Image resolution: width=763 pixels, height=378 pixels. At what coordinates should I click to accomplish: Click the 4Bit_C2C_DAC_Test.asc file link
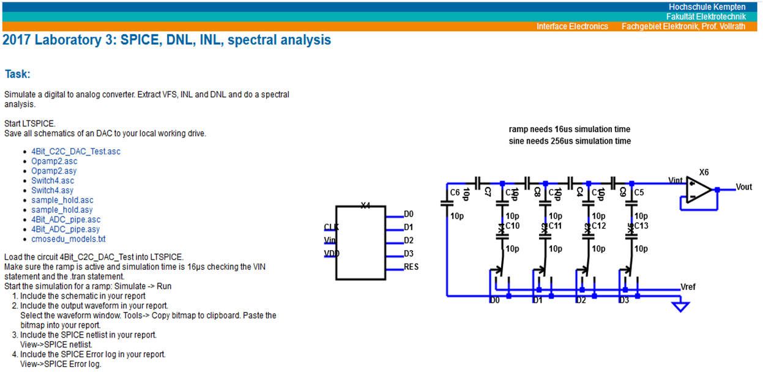tap(75, 151)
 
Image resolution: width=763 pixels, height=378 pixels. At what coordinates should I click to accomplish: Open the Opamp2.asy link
tap(54, 171)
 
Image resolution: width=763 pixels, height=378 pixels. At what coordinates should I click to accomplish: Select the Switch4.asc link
tap(53, 180)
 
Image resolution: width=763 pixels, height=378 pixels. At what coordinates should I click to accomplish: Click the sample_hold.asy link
tap(62, 210)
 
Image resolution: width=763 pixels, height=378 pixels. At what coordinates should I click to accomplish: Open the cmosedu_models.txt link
tap(68, 239)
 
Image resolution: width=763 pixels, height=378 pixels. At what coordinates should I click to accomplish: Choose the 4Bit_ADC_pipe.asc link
tap(65, 220)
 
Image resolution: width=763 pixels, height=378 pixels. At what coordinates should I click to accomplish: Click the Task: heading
tap(18, 74)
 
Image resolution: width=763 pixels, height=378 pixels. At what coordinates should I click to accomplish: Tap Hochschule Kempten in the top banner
tap(707, 7)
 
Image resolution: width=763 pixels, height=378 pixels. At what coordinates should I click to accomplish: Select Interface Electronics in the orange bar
tap(572, 26)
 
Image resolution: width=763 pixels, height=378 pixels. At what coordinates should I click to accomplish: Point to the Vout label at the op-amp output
tap(744, 187)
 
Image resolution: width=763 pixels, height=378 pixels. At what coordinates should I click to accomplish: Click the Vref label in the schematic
tap(688, 286)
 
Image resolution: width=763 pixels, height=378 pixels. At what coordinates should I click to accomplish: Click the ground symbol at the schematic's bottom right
tap(679, 305)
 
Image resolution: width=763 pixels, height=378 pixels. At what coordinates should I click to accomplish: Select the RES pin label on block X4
tap(411, 267)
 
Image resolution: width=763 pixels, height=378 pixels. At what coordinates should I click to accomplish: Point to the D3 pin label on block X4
tap(409, 253)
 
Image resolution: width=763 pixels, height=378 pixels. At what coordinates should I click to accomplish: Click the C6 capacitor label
tap(455, 193)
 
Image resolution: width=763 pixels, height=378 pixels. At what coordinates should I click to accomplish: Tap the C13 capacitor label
tap(641, 226)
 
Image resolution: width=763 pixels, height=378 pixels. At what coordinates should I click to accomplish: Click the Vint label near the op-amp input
tap(676, 180)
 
